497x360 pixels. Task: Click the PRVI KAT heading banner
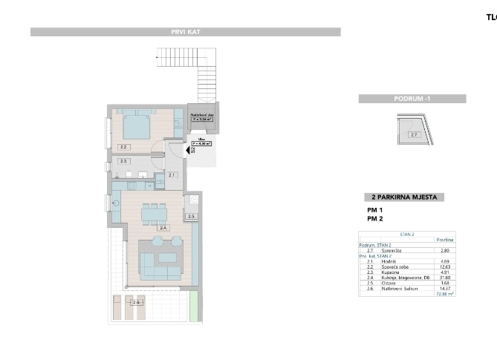[185, 32]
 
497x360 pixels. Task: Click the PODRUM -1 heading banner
[412, 99]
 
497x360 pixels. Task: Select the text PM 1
[374, 211]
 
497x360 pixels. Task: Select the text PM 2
[374, 220]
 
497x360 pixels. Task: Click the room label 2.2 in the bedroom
[124, 147]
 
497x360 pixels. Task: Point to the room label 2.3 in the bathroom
[124, 160]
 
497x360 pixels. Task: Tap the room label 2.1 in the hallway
[172, 174]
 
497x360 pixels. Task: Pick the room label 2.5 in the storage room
[191, 216]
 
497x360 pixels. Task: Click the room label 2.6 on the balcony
[136, 302]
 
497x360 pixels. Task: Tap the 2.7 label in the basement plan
[414, 135]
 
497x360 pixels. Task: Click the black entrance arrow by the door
[188, 150]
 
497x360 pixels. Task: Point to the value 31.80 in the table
[446, 278]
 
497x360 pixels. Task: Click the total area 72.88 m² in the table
[444, 293]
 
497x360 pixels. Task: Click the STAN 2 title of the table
[406, 235]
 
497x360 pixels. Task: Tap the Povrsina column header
[444, 240]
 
